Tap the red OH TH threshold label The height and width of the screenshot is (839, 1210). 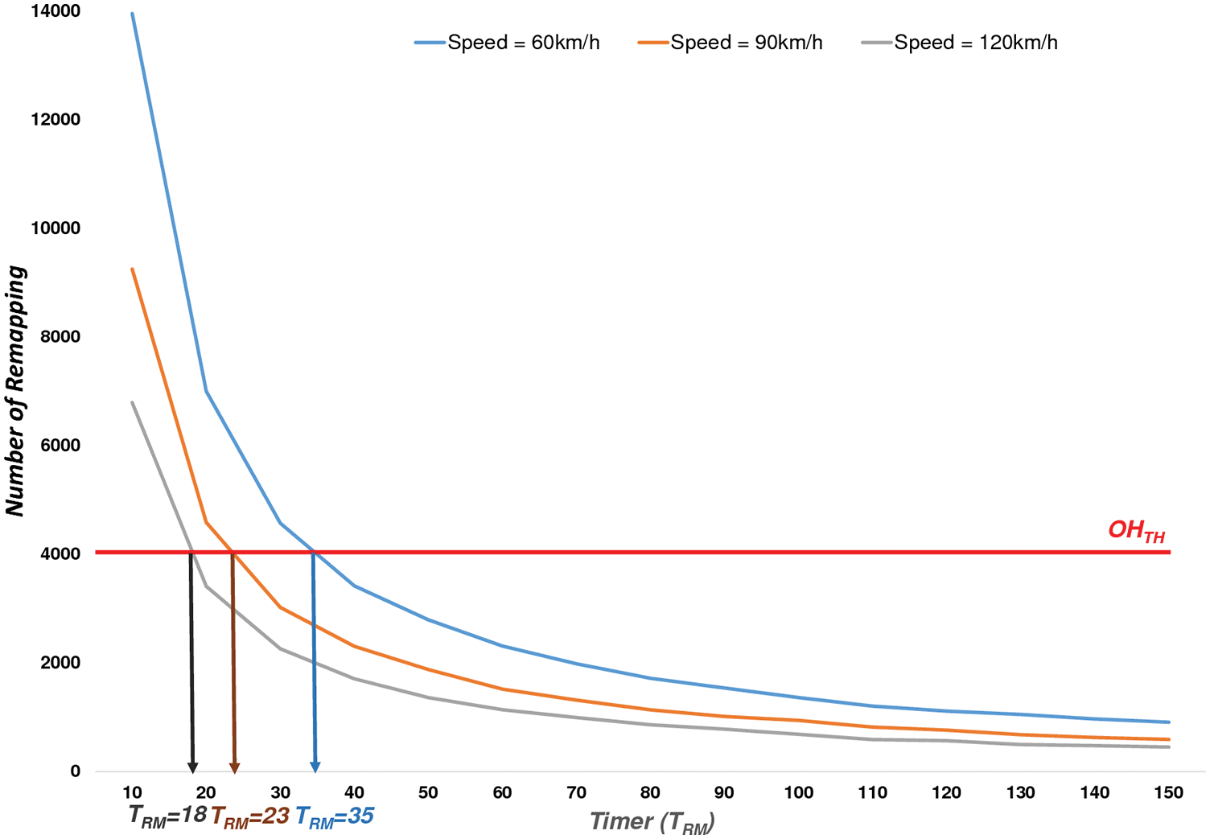point(1136,532)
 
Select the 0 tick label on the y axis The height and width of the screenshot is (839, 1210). point(75,771)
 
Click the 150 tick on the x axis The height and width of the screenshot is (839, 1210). point(1168,793)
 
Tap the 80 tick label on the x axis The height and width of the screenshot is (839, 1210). point(649,793)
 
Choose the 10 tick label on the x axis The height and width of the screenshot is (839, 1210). point(133,793)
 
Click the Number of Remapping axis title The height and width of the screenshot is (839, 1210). point(16,391)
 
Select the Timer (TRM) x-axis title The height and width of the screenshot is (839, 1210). point(652,822)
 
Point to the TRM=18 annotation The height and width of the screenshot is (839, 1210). point(167,816)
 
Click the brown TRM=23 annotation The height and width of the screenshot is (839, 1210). point(250,816)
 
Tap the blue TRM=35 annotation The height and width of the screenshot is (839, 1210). point(335,816)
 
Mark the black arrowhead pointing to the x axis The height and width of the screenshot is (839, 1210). point(192,766)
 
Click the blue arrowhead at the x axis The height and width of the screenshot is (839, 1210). point(315,766)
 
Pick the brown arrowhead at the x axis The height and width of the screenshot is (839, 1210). point(234,766)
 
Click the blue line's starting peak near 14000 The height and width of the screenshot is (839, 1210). point(133,14)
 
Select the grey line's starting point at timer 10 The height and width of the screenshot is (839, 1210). point(133,402)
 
